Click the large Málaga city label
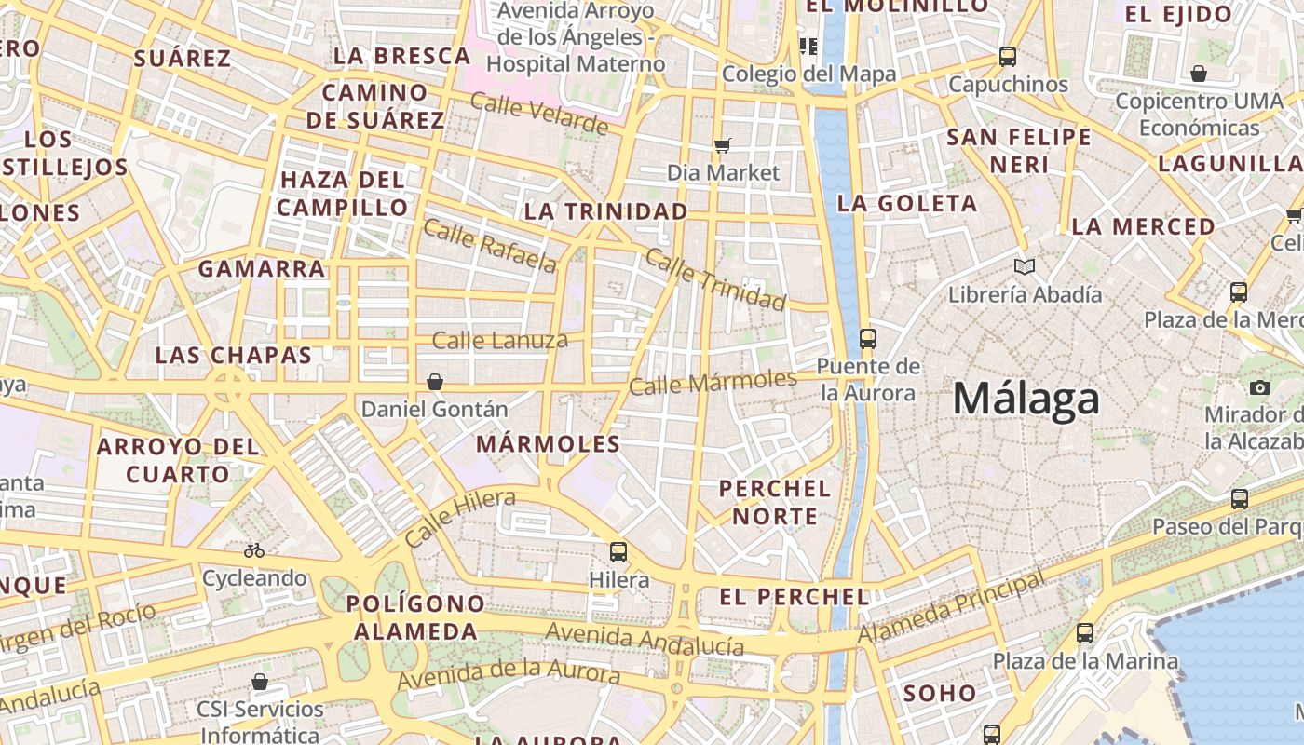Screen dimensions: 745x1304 [x=1026, y=400]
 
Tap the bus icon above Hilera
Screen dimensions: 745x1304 [x=618, y=552]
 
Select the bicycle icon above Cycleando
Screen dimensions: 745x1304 [x=254, y=550]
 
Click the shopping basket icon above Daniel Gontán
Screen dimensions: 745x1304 [x=435, y=382]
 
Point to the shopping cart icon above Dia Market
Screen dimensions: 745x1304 [x=723, y=144]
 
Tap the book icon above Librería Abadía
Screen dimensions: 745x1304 [x=1025, y=267]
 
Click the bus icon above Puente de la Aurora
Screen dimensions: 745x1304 [x=868, y=338]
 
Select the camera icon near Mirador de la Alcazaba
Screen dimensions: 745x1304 [x=1260, y=387]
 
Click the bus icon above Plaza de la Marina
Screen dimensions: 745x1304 [x=1085, y=633]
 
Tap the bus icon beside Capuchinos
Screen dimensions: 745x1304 [x=1008, y=56]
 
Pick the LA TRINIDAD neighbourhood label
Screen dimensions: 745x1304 [x=605, y=211]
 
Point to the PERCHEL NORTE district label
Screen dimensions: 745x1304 [x=774, y=502]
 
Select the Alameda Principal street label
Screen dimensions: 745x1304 [x=951, y=607]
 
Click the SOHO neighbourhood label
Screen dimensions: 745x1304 [x=940, y=693]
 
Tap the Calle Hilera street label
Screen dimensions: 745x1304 [x=460, y=518]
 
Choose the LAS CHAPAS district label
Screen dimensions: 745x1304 [x=233, y=355]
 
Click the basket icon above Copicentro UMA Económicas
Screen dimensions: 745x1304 [x=1199, y=74]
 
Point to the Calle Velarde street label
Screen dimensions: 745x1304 [x=539, y=114]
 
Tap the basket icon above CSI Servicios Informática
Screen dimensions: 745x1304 [x=260, y=683]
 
